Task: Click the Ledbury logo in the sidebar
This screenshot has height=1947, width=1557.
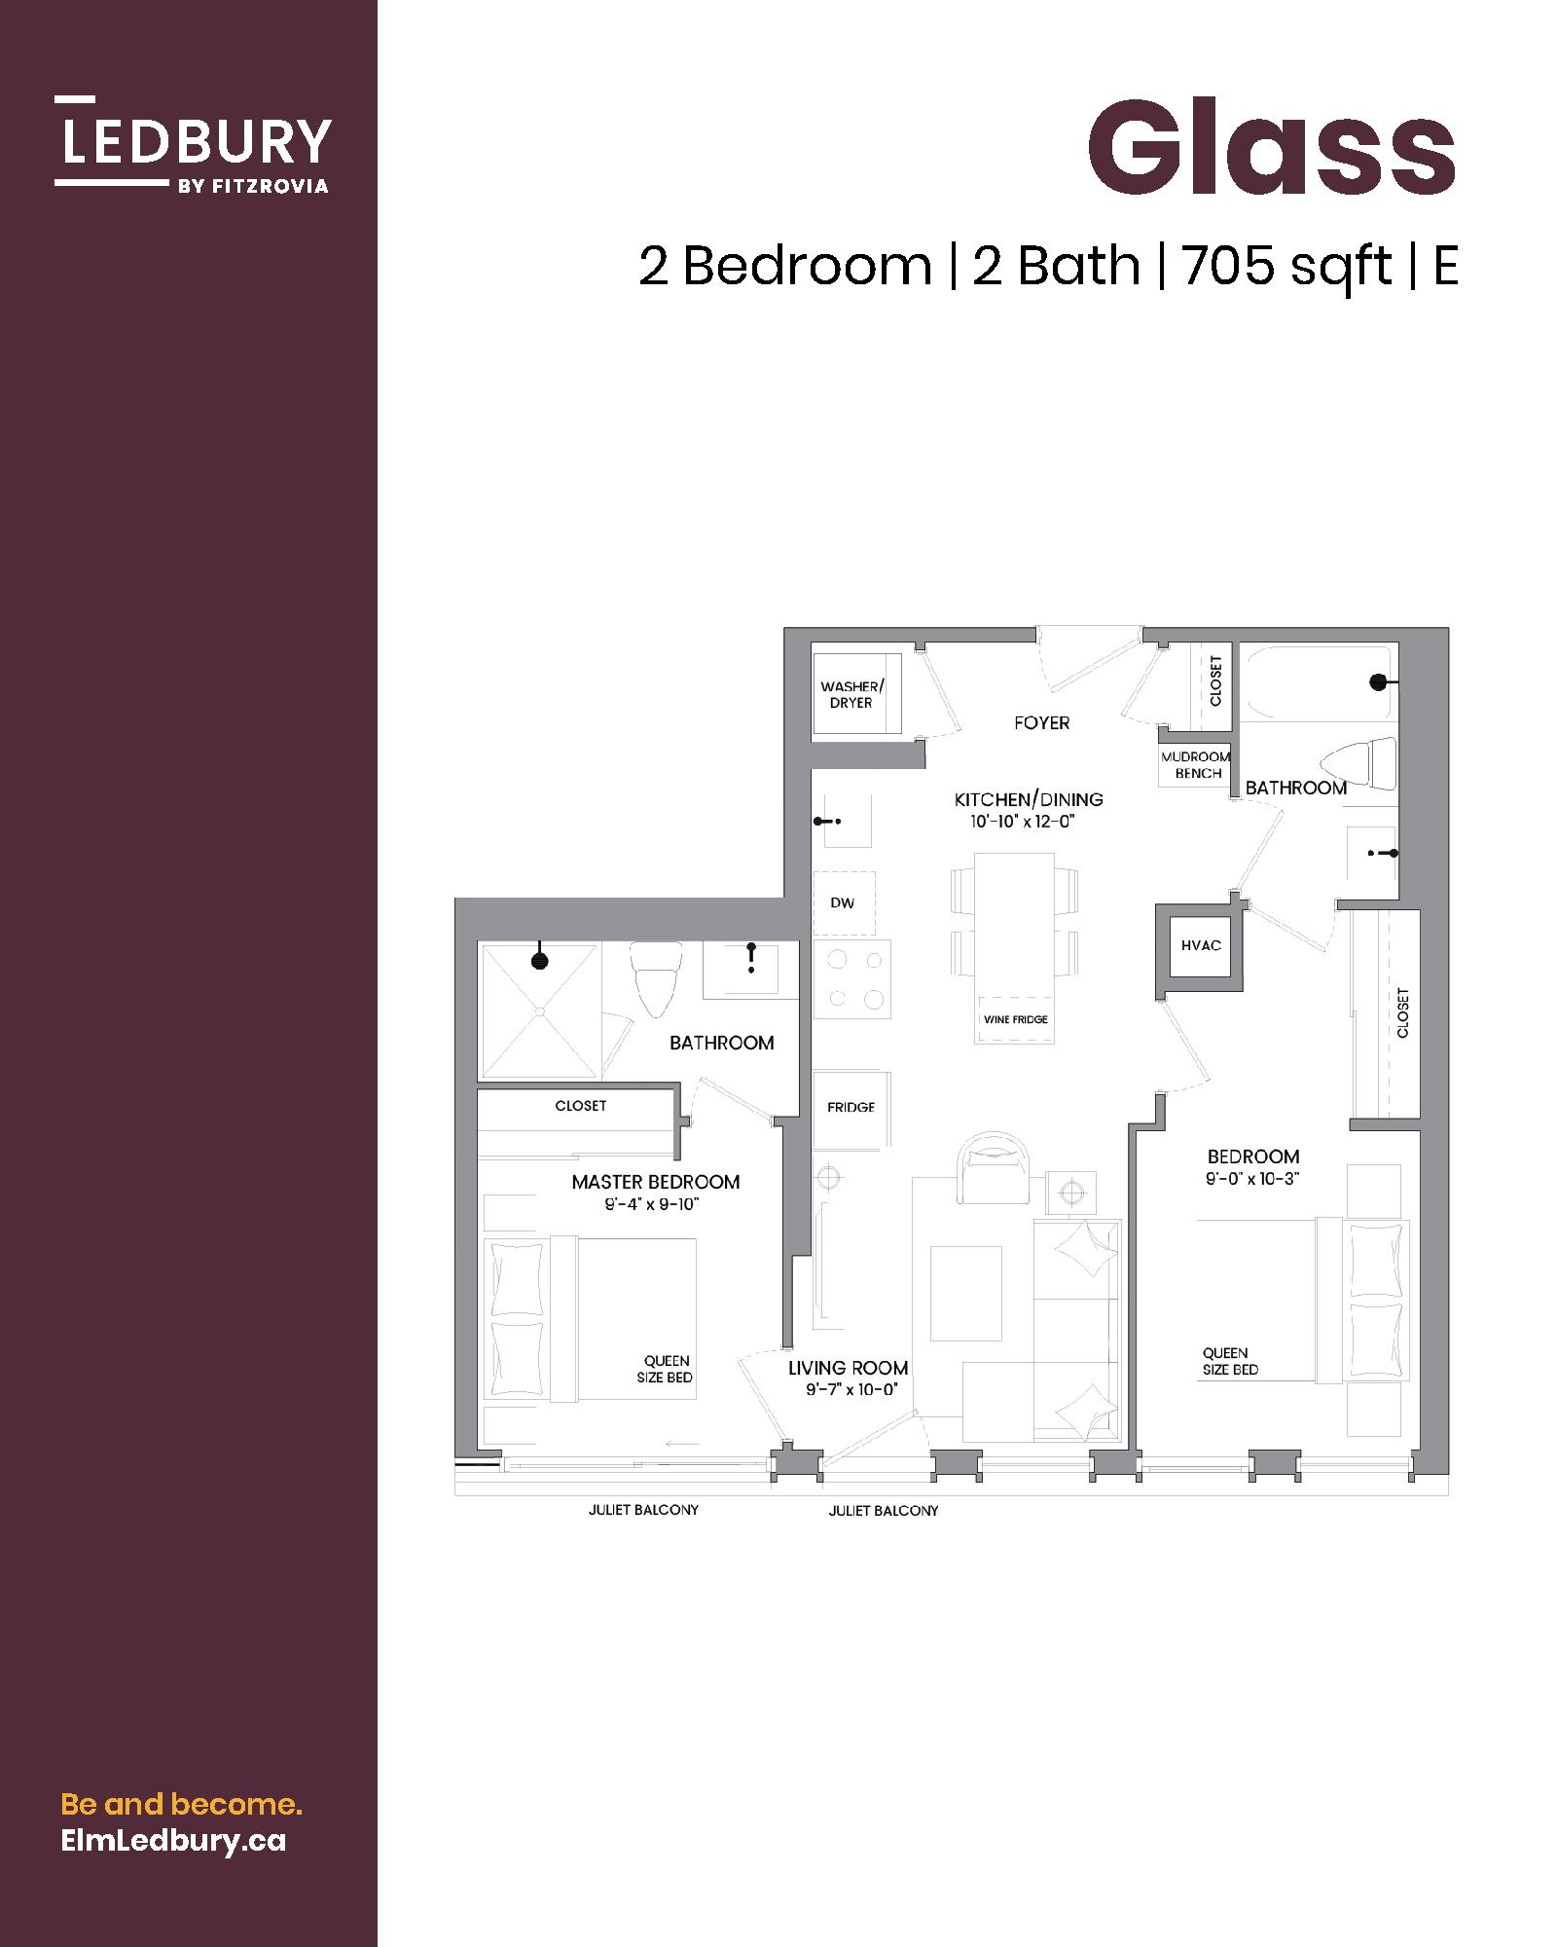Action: point(193,144)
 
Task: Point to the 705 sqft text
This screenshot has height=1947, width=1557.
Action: point(1286,266)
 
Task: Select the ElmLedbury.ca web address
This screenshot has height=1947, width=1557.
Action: point(173,1841)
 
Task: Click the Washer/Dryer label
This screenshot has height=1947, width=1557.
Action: point(851,695)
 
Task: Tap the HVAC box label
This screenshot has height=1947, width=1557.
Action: point(1201,945)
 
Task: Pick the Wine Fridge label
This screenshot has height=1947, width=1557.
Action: point(1015,1019)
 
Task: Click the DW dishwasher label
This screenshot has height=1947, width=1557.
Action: point(843,903)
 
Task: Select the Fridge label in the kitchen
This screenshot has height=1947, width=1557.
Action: point(851,1107)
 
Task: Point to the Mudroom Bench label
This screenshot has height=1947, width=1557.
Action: point(1196,765)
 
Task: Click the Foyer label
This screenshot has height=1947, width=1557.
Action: point(1041,723)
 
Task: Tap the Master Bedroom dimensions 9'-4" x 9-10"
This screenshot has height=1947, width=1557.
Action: point(652,1205)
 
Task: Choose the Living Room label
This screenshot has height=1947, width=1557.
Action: point(849,1368)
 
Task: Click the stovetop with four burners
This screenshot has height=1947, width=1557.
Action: point(852,979)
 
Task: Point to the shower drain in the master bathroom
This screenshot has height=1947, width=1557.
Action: point(538,1011)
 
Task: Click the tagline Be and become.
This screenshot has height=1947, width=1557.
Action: point(182,1805)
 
